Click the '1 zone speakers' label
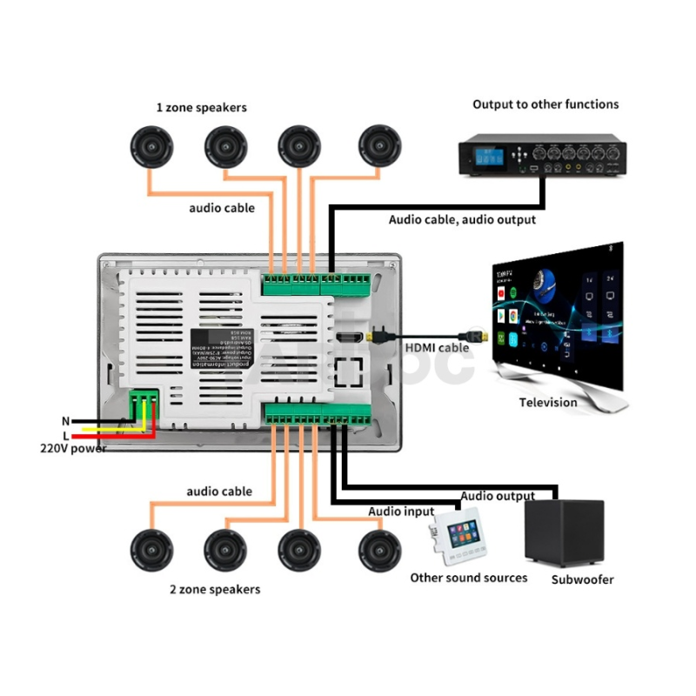201,108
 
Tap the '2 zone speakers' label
215,589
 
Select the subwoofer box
564,533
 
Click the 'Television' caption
548,403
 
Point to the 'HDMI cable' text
437,348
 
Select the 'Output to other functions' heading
545,104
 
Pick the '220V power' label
73,449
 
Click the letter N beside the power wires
65,421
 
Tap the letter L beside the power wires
65,435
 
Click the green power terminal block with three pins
144,404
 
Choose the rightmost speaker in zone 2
380,550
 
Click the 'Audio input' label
401,512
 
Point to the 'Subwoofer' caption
582,579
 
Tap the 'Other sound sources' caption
469,578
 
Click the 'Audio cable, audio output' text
462,220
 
